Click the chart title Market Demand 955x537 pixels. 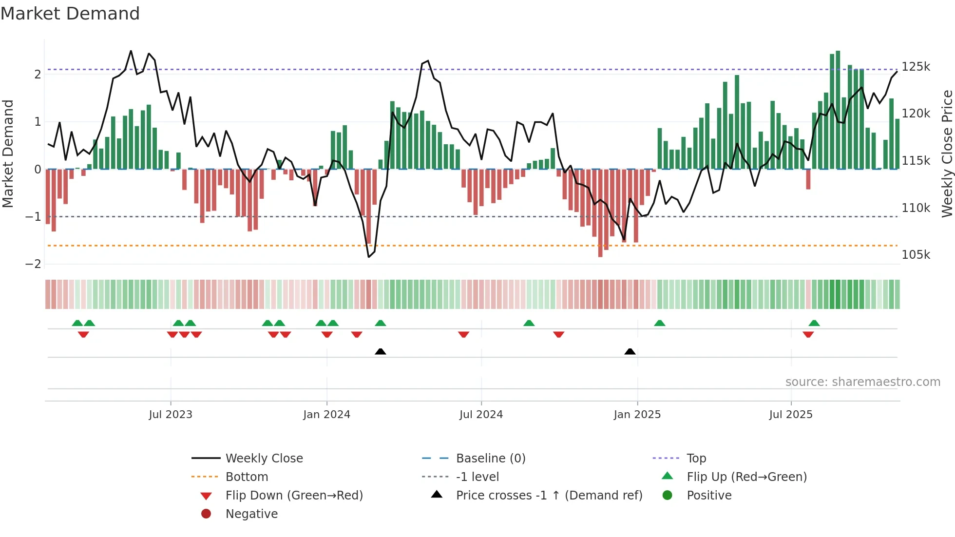click(70, 14)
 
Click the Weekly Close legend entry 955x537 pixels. click(264, 458)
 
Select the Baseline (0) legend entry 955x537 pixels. click(490, 458)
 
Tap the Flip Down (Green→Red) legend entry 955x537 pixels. click(294, 495)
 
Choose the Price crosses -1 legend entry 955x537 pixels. click(549, 495)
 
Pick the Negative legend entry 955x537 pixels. click(251, 514)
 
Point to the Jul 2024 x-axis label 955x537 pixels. click(481, 414)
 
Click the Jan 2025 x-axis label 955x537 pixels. click(637, 414)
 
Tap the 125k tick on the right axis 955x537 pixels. click(916, 66)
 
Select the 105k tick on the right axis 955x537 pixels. click(916, 254)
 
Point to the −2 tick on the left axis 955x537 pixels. click(34, 264)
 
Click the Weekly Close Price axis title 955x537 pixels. click(947, 153)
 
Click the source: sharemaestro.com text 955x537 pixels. click(862, 382)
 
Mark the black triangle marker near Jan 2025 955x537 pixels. click(630, 351)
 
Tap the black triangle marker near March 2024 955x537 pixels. click(381, 351)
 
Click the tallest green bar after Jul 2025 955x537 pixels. click(838, 110)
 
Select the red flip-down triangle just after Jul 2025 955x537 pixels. click(808, 334)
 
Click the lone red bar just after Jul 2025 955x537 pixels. click(808, 179)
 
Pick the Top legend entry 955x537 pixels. click(696, 458)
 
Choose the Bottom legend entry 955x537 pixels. click(247, 477)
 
